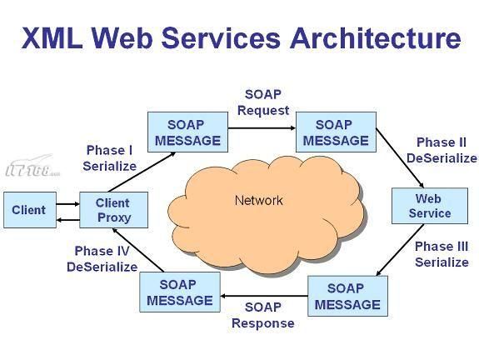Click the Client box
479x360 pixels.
click(x=30, y=210)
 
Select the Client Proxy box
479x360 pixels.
click(x=113, y=210)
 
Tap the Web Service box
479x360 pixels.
click(x=430, y=206)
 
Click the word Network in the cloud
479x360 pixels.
click(x=259, y=201)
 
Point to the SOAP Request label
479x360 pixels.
click(x=263, y=102)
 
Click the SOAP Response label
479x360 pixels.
click(x=263, y=315)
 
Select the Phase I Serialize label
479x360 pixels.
click(x=109, y=158)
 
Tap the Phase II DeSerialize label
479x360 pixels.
click(x=442, y=150)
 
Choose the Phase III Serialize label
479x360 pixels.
click(x=442, y=254)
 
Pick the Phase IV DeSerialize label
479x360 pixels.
click(x=102, y=259)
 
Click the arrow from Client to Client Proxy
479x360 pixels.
click(x=67, y=204)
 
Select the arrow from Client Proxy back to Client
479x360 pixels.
click(x=67, y=220)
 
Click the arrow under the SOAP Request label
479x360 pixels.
click(x=262, y=128)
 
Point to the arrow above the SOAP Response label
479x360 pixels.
click(x=264, y=296)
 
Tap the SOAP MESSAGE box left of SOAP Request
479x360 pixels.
click(x=187, y=132)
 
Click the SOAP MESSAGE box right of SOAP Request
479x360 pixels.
click(x=336, y=132)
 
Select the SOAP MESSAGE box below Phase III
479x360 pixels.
click(x=347, y=296)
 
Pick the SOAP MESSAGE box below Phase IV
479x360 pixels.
click(x=180, y=292)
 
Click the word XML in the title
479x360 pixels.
click(x=52, y=38)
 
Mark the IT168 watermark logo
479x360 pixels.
click(x=32, y=166)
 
